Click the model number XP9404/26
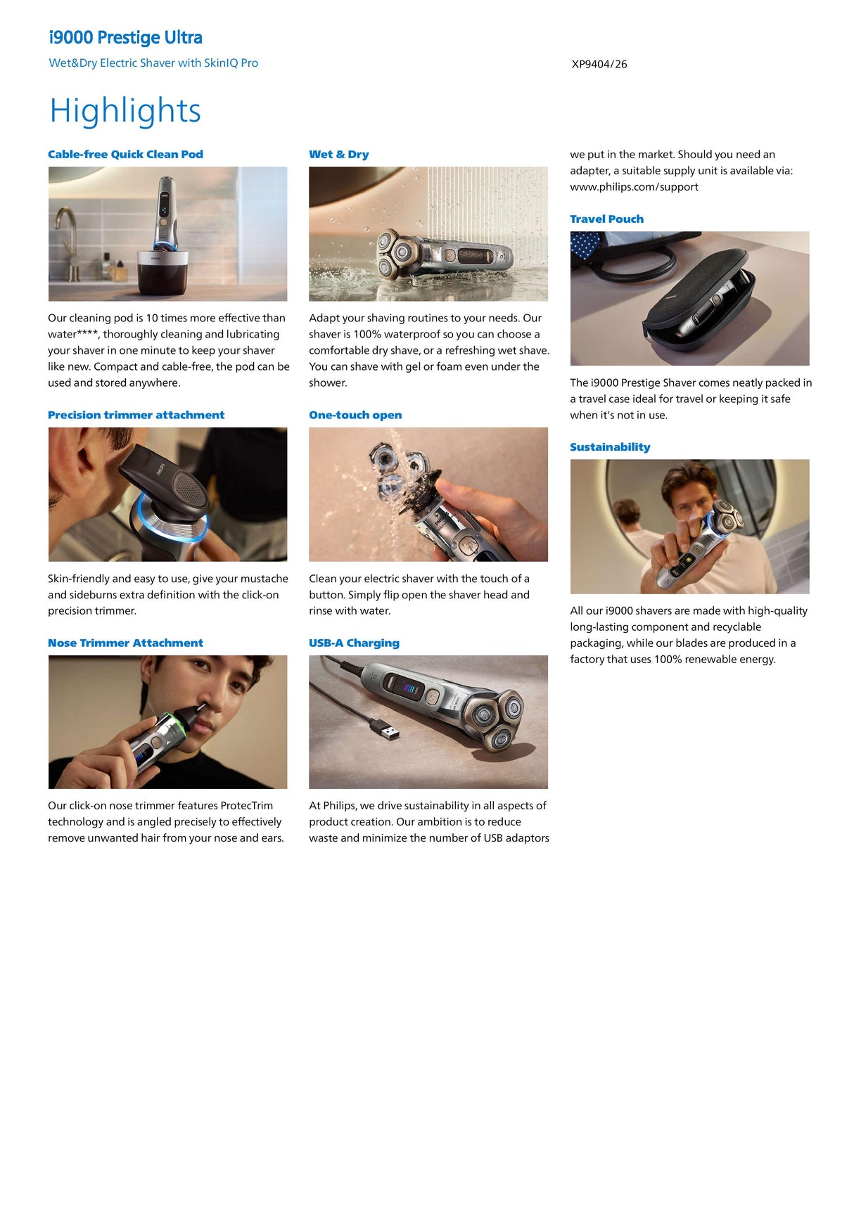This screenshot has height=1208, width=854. (599, 64)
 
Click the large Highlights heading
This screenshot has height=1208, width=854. (125, 111)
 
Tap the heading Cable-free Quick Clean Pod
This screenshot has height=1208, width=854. (125, 154)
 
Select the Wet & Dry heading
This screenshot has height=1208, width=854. (338, 154)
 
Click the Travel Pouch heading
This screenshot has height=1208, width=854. (606, 219)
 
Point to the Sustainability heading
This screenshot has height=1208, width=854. (610, 446)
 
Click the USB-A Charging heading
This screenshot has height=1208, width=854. (354, 643)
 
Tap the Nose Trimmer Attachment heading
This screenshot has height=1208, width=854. (125, 643)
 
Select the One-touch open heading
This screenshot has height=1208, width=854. (355, 415)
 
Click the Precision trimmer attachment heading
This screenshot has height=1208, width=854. (136, 415)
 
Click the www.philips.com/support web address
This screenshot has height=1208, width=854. (634, 186)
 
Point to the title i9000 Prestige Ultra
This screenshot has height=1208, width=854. (125, 37)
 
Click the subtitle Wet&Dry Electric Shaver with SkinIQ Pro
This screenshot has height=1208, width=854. (153, 63)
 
